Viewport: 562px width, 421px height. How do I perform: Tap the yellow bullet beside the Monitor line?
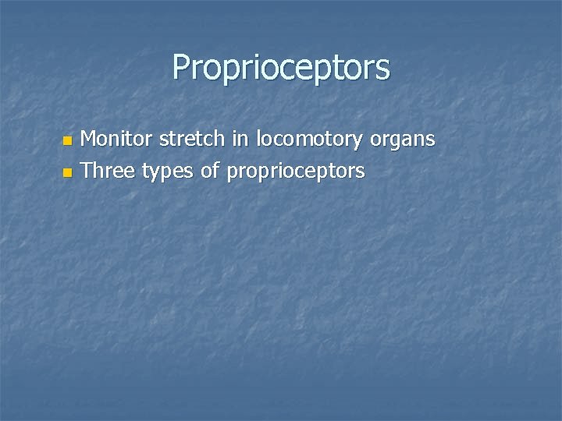tap(67, 141)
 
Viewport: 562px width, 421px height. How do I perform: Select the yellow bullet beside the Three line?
tap(67, 171)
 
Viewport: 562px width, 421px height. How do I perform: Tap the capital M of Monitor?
tap(89, 140)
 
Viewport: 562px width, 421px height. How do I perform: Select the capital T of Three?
tap(86, 170)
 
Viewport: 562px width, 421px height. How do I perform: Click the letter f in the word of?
tap(216, 169)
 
